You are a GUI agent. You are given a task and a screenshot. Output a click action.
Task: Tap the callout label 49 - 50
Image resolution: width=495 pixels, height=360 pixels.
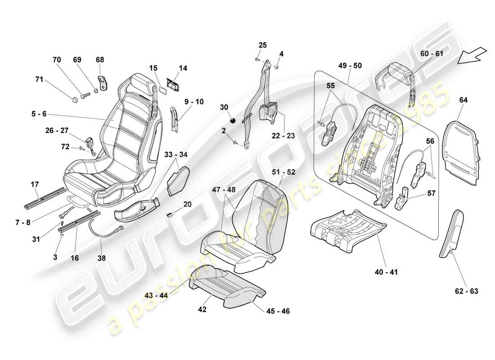pos(350,66)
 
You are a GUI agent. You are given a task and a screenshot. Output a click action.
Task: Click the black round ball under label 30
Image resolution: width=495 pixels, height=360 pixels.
pos(233,120)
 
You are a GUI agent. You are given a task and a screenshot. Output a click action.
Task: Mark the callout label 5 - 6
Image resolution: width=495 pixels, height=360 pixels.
pos(38,114)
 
